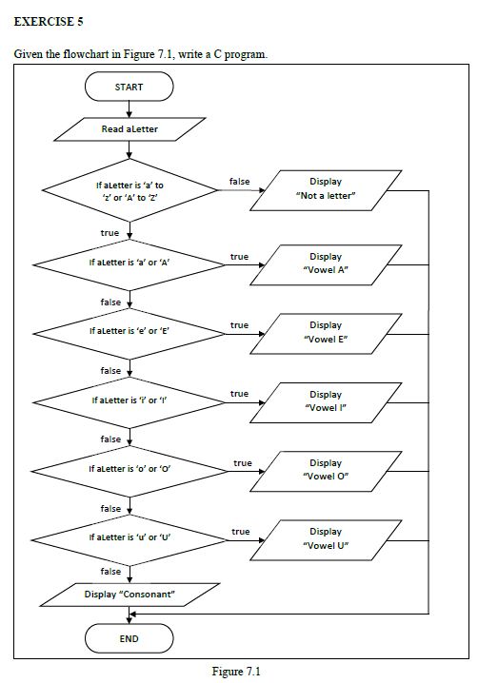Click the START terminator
[x=129, y=87]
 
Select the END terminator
[x=129, y=638]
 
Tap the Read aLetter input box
[x=129, y=129]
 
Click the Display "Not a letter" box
[x=326, y=190]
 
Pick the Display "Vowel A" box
[x=326, y=264]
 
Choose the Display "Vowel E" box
[x=326, y=334]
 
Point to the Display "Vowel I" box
[x=326, y=402]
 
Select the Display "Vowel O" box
[x=326, y=471]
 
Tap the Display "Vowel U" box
[x=326, y=540]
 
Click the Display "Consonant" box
[x=129, y=595]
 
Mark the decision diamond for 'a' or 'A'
[x=129, y=264]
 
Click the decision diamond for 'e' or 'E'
[x=129, y=334]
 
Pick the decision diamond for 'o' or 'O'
[x=129, y=471]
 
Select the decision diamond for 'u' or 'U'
[x=129, y=540]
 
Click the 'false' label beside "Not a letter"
[x=239, y=181]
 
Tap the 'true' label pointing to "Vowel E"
[x=239, y=325]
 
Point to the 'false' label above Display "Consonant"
[x=110, y=571]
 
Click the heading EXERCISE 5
[x=49, y=21]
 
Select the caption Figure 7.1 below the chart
[x=236, y=672]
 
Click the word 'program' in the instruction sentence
[x=245, y=55]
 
